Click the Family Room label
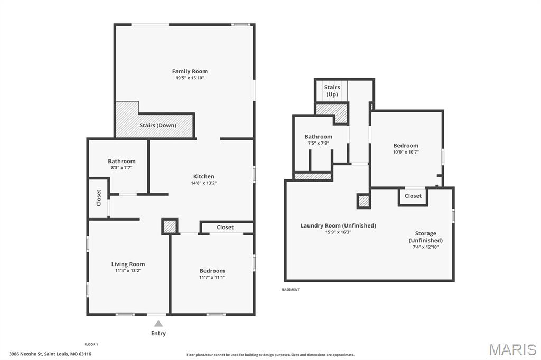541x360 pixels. coord(190,71)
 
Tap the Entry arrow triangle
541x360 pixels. coord(158,324)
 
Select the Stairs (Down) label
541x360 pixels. coord(158,126)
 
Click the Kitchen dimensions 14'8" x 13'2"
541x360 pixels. coord(203,183)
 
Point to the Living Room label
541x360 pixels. coord(128,264)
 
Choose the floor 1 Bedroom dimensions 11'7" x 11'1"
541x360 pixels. coord(212,277)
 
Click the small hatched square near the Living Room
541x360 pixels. coord(169,226)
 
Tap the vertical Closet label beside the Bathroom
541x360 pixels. coord(99,197)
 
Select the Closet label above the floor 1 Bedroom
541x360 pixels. coord(225,228)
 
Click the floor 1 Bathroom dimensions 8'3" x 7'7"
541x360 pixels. coord(122,168)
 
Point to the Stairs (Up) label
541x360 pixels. coord(332,91)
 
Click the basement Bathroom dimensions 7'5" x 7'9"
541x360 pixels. coord(318,143)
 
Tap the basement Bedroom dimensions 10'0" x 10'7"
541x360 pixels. coord(406,152)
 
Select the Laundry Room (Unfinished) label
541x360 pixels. coord(338,225)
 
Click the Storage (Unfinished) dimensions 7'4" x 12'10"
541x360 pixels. coord(425,247)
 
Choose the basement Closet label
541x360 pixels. coord(413,196)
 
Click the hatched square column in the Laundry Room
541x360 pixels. coord(363,201)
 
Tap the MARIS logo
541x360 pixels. coord(512,349)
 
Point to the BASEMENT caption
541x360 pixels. coord(291,290)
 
